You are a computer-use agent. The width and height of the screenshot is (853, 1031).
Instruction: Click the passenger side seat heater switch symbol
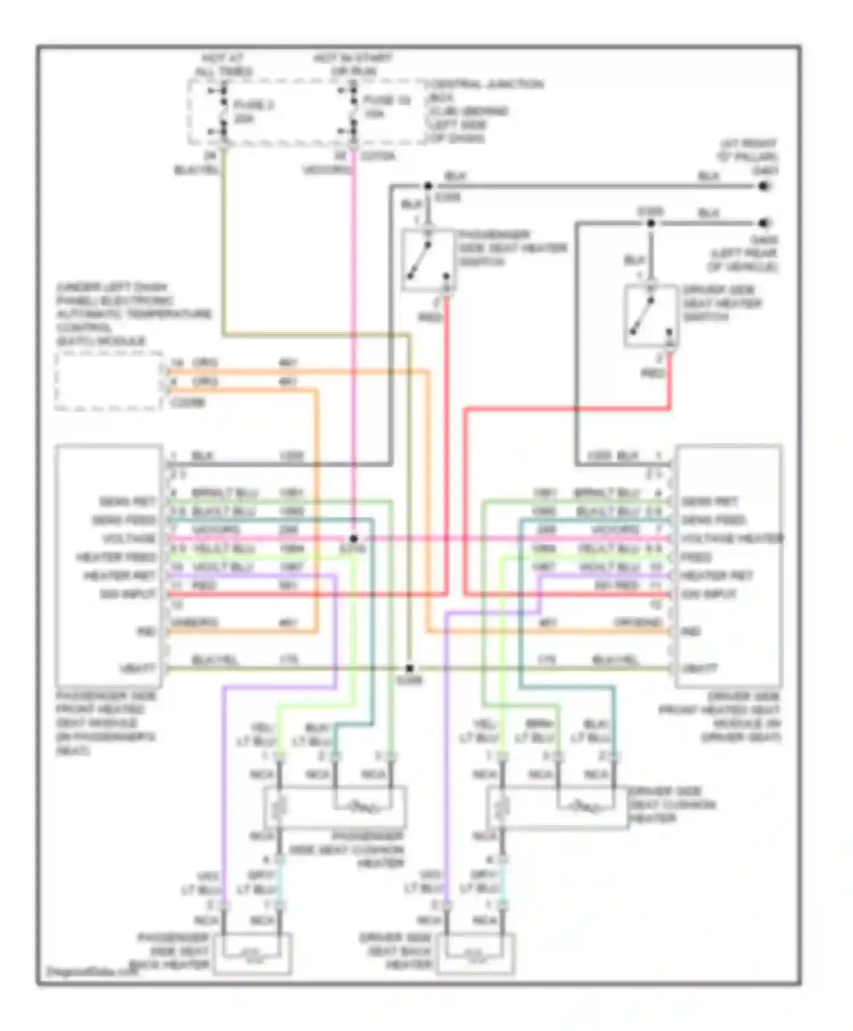click(428, 260)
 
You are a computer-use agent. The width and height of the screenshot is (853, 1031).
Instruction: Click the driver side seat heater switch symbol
click(651, 316)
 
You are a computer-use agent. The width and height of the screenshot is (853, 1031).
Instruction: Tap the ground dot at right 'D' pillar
click(764, 186)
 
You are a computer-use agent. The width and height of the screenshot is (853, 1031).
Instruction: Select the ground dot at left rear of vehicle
click(764, 223)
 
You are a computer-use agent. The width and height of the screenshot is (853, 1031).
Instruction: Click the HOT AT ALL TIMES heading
click(223, 65)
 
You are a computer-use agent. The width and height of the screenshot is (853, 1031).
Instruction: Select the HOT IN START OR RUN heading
click(353, 65)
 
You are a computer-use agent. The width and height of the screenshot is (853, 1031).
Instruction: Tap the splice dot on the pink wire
click(354, 538)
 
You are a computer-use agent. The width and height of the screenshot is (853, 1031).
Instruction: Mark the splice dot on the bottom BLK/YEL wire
click(409, 668)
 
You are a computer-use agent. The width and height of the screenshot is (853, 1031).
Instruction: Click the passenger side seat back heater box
click(252, 954)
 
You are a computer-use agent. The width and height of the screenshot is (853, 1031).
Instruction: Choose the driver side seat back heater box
click(476, 954)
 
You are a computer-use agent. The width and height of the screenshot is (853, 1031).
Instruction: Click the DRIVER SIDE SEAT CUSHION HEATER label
click(671, 805)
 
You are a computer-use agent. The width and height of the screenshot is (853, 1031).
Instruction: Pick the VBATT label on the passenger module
click(138, 669)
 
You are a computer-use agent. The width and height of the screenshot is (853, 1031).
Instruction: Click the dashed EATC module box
click(109, 381)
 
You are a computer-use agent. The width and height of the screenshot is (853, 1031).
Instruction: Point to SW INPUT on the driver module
click(709, 595)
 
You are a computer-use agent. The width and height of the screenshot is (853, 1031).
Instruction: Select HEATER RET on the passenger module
click(119, 576)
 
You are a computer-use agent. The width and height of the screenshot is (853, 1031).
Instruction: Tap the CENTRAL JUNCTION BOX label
click(487, 111)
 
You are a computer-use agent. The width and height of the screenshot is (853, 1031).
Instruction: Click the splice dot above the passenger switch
click(428, 186)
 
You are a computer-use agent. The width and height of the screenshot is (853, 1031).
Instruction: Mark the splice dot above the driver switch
click(651, 223)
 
